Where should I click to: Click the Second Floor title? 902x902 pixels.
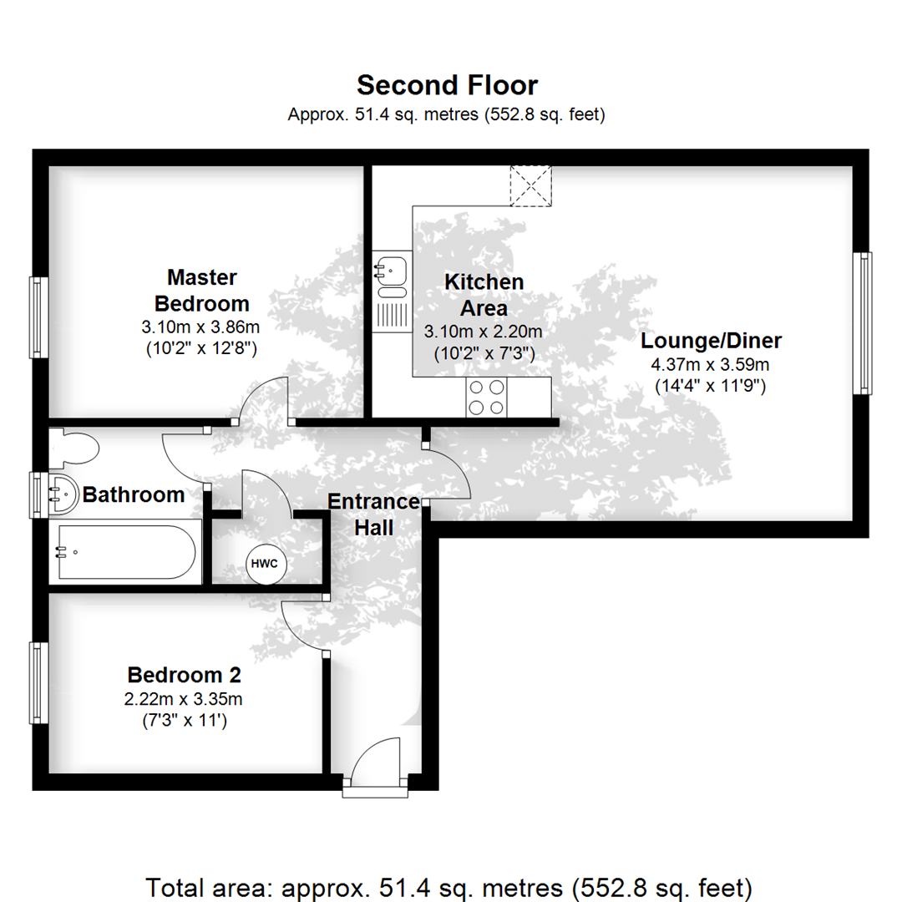point(447,85)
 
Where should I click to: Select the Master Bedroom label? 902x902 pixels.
point(201,289)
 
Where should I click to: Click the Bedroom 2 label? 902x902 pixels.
point(184,674)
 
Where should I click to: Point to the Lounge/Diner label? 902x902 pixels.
point(711,341)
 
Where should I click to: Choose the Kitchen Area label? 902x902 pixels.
point(484,295)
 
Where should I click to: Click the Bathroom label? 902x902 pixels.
point(134,494)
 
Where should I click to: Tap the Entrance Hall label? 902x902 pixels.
point(372,514)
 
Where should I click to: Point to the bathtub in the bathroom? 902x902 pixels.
point(125,553)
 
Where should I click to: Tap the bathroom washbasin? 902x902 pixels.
point(59,494)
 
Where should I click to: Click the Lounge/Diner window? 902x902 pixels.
point(863,322)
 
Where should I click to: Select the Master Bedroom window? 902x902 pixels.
point(37,316)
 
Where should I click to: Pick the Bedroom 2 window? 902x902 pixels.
point(36,682)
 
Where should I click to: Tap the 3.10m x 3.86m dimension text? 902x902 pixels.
point(201,327)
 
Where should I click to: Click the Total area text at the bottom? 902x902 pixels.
point(450,886)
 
